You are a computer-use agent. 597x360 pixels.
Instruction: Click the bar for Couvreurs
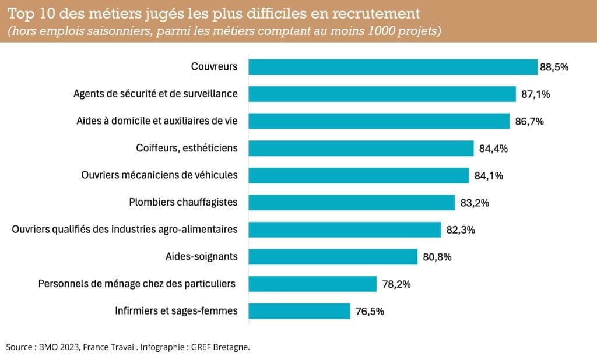coord(392,66)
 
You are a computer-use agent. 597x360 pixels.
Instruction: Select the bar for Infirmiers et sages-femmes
coord(299,311)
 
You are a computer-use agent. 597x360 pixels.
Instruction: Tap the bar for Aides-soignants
coord(333,257)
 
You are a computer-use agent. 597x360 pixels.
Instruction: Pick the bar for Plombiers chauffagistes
coord(352,203)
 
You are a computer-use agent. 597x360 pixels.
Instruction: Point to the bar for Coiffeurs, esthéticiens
coord(361,148)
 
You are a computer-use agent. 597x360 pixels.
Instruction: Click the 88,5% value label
coord(554,67)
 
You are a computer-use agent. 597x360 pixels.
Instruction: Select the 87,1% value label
coord(533,94)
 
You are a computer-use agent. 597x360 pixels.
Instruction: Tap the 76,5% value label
coord(370,312)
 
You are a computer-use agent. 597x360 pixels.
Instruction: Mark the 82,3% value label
coord(461,230)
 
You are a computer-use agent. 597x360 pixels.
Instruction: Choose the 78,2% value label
coord(396,284)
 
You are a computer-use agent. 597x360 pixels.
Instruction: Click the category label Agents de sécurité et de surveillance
coord(156,94)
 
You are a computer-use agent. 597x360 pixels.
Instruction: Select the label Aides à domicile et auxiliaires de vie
coord(157,121)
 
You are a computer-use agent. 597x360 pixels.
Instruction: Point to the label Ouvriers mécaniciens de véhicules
coord(159,175)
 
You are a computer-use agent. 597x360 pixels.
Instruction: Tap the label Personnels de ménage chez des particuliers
coord(137,284)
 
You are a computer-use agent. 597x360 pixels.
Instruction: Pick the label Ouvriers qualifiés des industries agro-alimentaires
coord(125,230)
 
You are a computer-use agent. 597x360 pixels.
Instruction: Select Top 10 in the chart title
coord(28,13)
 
